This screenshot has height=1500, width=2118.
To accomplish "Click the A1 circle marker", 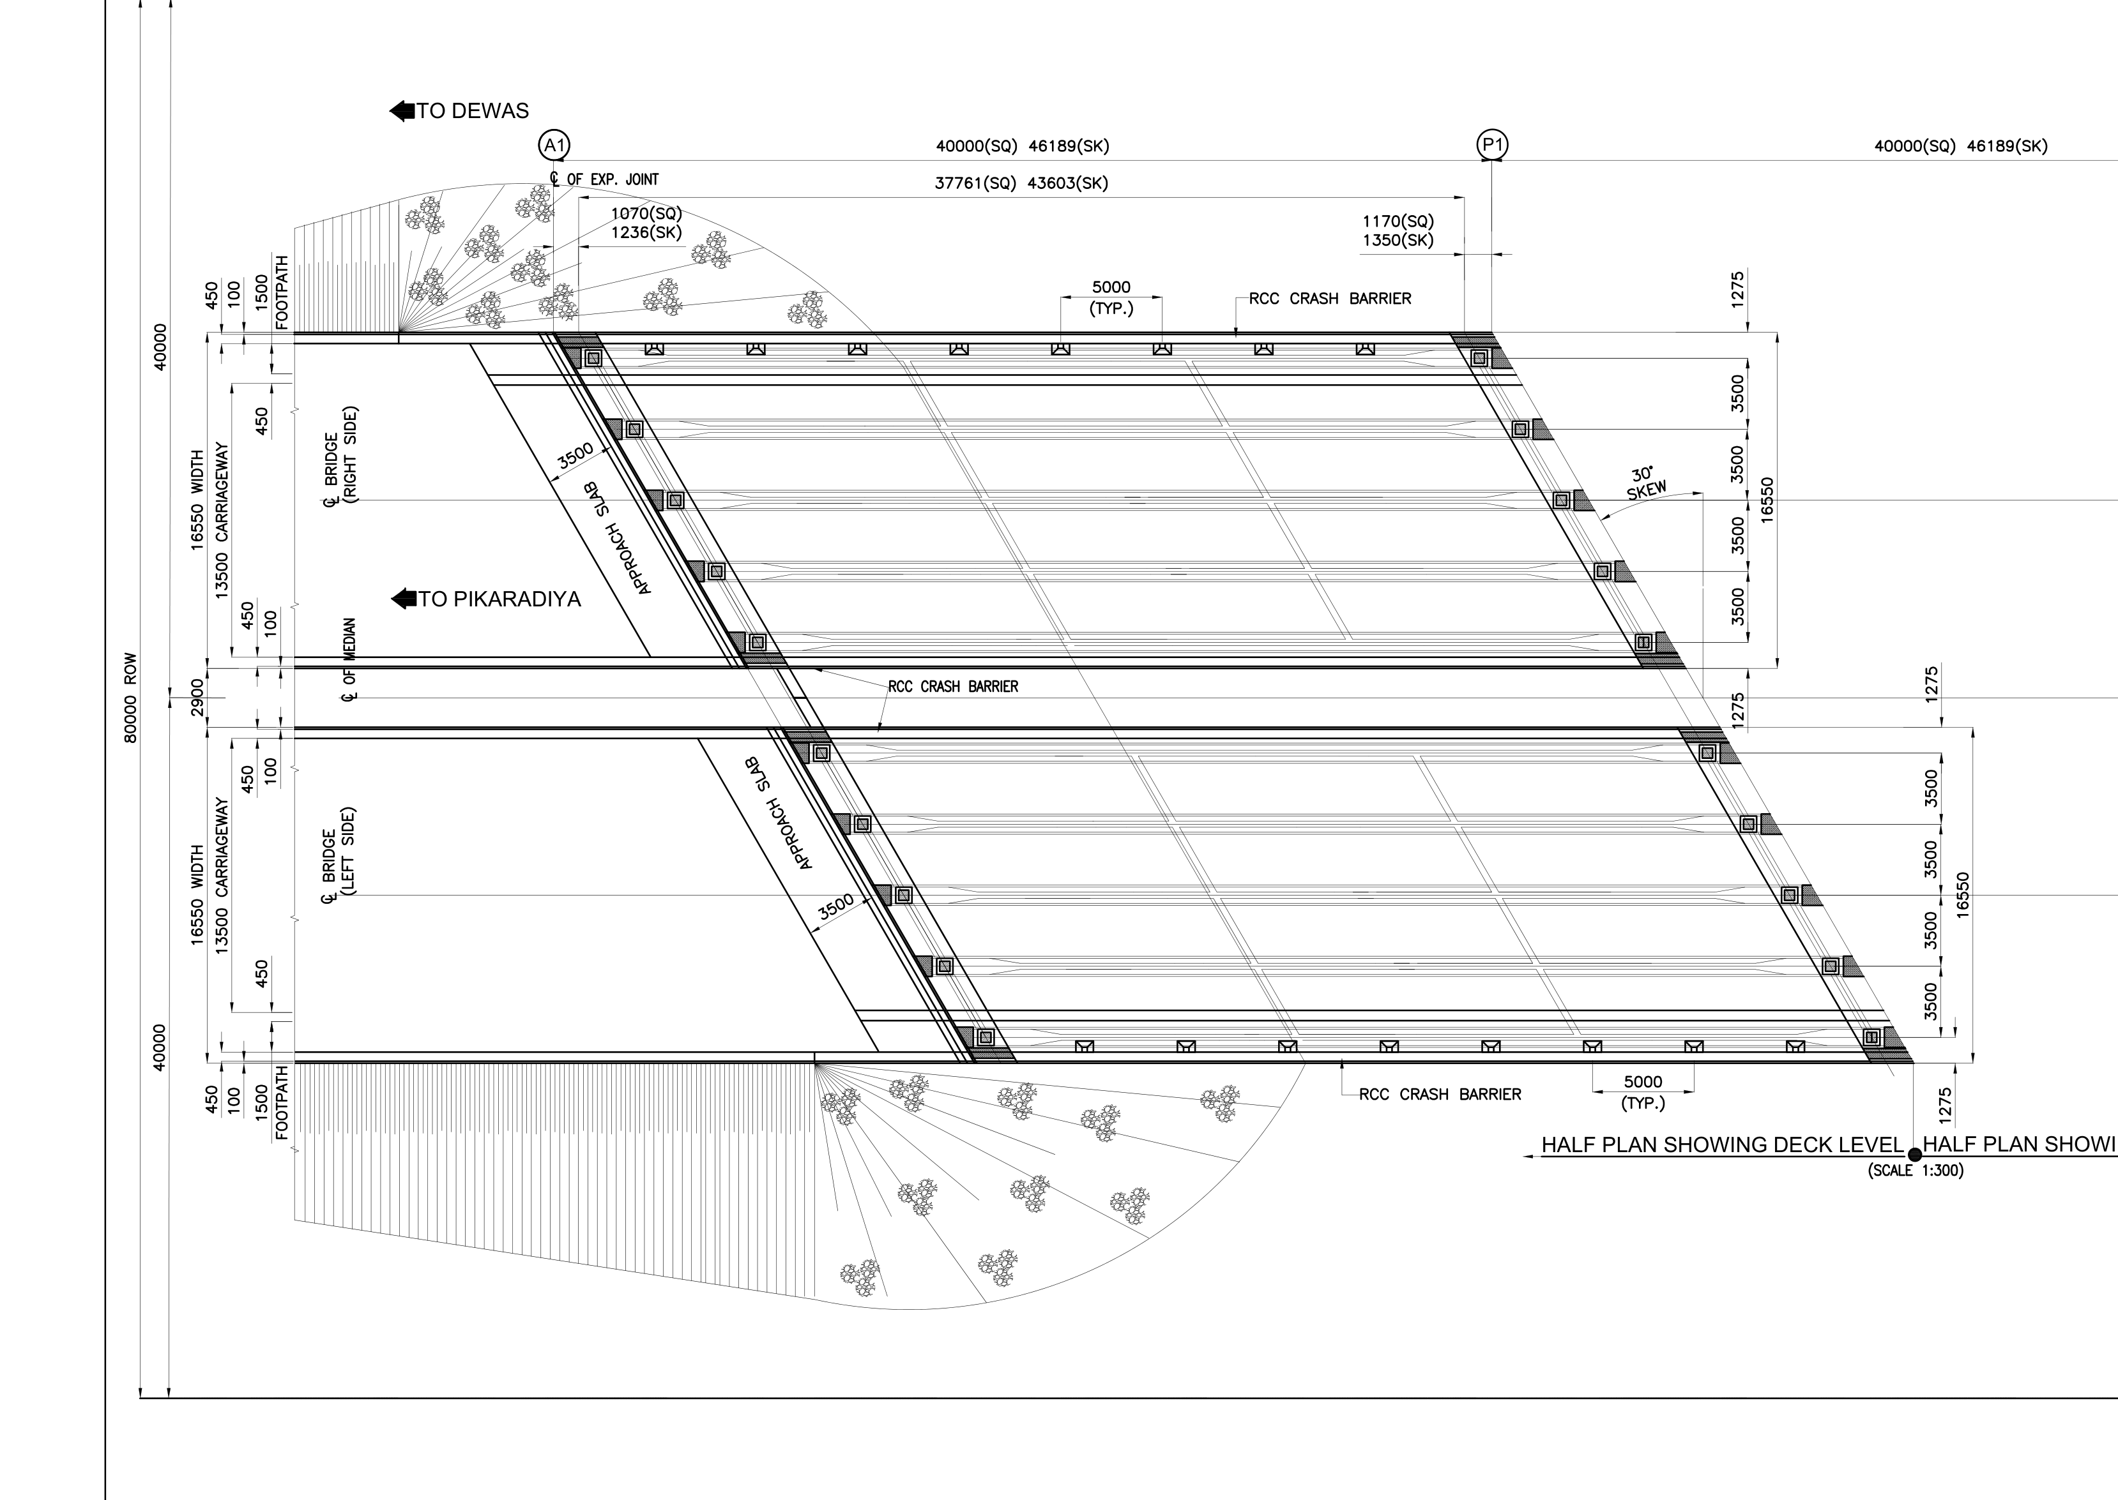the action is click(x=554, y=145).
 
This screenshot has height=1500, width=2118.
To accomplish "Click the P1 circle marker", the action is click(x=1493, y=144).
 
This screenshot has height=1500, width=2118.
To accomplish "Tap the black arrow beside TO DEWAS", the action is click(x=402, y=111).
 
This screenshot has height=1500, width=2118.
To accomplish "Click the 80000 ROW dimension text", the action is click(x=130, y=698).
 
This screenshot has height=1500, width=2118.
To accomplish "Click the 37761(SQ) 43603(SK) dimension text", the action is click(x=1021, y=183).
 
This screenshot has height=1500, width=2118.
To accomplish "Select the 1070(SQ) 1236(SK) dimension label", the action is click(x=646, y=223).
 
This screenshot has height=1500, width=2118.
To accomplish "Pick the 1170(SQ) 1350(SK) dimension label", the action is click(x=1398, y=231).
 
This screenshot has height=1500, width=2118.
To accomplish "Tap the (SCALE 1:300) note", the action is click(x=1916, y=1170).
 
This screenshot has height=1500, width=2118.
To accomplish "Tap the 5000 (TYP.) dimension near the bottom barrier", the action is click(x=1643, y=1091).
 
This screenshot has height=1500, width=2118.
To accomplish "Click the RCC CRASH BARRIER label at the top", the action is click(x=1330, y=298).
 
